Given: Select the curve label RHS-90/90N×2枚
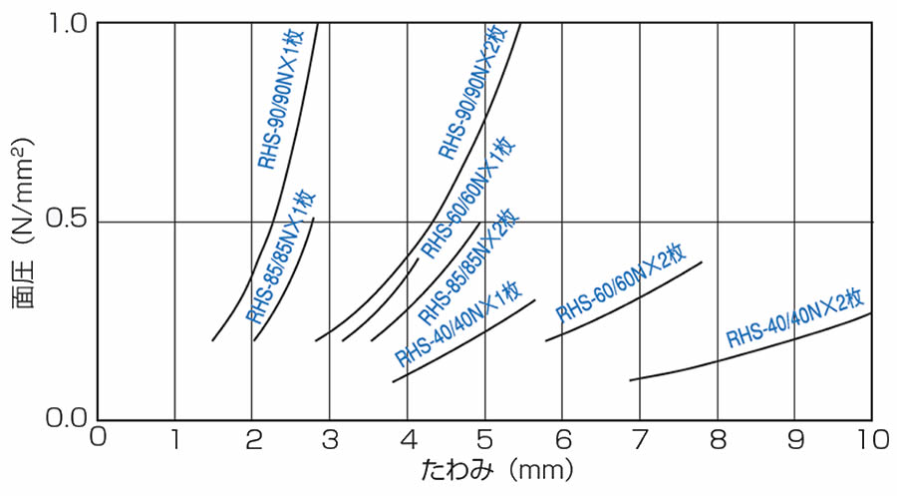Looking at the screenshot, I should pos(477,97).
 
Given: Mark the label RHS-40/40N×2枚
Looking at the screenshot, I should pos(793,317).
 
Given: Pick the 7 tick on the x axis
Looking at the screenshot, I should pos(639,438).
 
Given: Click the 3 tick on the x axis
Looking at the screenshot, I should pos(329,438).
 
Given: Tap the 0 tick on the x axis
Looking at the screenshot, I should pos(98,438).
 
